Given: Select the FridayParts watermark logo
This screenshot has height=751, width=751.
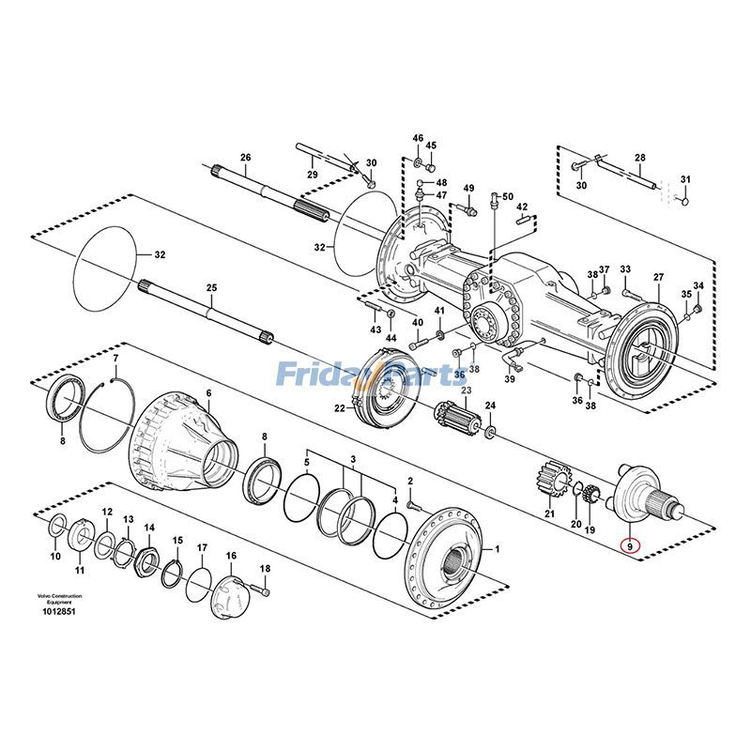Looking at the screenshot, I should (375, 375).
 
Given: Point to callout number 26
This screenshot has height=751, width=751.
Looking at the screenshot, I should (246, 158).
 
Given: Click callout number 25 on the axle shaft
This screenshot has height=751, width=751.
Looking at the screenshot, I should (211, 288).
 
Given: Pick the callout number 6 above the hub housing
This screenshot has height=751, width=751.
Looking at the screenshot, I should (208, 392).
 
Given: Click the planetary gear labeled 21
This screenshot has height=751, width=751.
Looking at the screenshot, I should (550, 483).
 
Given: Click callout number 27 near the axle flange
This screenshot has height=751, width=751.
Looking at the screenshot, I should (658, 277).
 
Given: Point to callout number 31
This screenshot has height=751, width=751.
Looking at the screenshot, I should (685, 180).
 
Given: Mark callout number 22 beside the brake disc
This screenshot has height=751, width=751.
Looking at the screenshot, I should (339, 408).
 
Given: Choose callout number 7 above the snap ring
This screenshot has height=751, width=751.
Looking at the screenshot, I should (115, 359).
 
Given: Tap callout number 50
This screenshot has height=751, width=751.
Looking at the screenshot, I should (508, 196).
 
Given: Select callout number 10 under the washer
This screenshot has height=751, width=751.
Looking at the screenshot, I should (55, 556).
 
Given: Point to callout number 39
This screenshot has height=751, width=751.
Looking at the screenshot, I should (510, 379).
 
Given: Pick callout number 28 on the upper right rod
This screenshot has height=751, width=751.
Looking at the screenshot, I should (640, 158).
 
